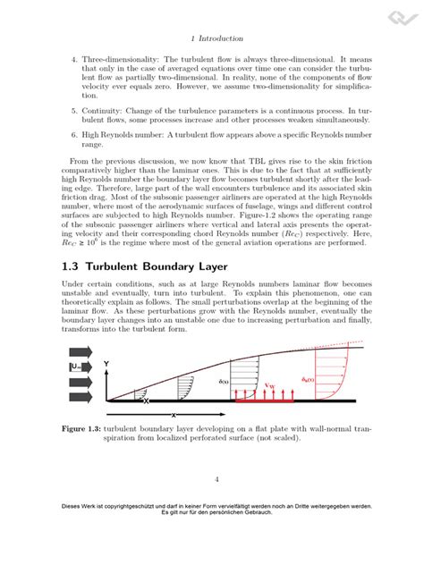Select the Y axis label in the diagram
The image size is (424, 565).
[106, 364]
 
